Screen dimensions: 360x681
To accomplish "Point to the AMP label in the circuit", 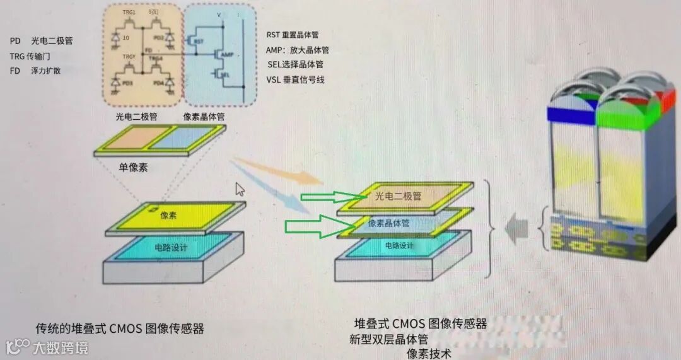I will click(229, 55).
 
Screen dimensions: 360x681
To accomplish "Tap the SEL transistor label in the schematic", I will click(224, 74).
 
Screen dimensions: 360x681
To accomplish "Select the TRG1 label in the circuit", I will click(129, 12).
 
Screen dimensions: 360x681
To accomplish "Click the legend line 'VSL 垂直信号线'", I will click(296, 79).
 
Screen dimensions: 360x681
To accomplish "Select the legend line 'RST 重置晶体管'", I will click(296, 35).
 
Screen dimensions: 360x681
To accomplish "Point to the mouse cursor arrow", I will click(240, 189).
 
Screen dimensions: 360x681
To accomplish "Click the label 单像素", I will click(133, 168).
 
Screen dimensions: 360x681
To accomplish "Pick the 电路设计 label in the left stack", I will click(171, 248).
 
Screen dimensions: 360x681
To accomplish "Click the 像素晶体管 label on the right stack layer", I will click(388, 223).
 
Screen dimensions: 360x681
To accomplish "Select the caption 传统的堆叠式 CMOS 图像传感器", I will click(120, 328).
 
